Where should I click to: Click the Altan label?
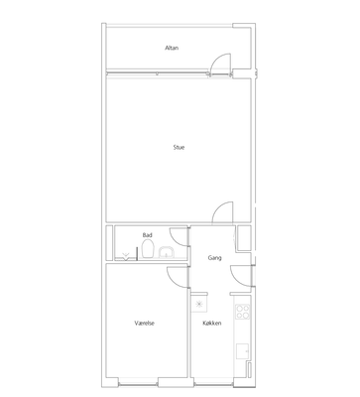click(x=172, y=48)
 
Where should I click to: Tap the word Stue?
click(x=179, y=147)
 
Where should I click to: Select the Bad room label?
click(x=148, y=235)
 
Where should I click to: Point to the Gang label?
click(x=214, y=258)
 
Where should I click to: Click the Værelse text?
click(x=145, y=323)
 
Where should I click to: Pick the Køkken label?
click(x=212, y=323)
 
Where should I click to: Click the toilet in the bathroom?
click(x=148, y=248)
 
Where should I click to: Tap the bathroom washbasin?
click(x=167, y=252)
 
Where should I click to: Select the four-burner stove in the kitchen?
click(x=242, y=312)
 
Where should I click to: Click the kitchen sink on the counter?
click(x=242, y=351)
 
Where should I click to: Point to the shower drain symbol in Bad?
click(x=126, y=256)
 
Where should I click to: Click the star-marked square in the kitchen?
click(x=199, y=305)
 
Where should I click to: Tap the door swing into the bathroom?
click(x=175, y=240)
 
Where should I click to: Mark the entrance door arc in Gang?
click(x=236, y=280)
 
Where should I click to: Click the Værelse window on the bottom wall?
click(x=138, y=384)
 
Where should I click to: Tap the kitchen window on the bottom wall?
click(x=213, y=384)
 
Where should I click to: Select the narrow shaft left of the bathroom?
click(x=109, y=243)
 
